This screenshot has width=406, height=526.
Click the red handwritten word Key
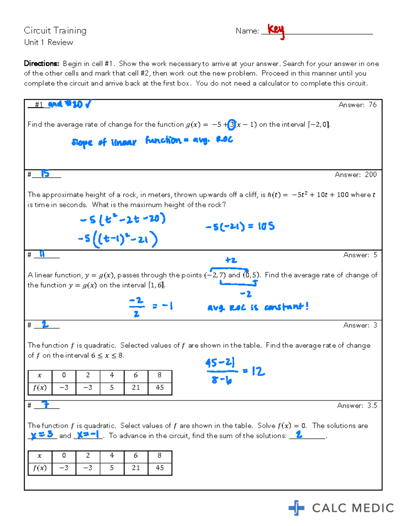276,30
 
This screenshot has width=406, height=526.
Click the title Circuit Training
55,30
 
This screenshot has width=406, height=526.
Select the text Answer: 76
357,105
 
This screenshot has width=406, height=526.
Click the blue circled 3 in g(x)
231,125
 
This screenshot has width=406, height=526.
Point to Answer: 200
355,174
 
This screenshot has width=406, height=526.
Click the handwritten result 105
266,226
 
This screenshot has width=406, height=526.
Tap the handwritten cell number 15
45,174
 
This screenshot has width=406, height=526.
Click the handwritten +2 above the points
231,260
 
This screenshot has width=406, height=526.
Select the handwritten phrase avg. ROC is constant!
258,307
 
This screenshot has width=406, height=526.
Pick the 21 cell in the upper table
136,387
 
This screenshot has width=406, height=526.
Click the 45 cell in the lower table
160,468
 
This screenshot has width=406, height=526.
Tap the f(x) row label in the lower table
40,468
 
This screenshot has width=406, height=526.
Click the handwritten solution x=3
42,435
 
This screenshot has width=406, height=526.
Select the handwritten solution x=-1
88,435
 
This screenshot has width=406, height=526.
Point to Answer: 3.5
357,405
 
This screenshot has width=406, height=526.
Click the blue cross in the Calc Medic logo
296,508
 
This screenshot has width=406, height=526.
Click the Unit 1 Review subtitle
48,42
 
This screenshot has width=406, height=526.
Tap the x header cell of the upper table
40,375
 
